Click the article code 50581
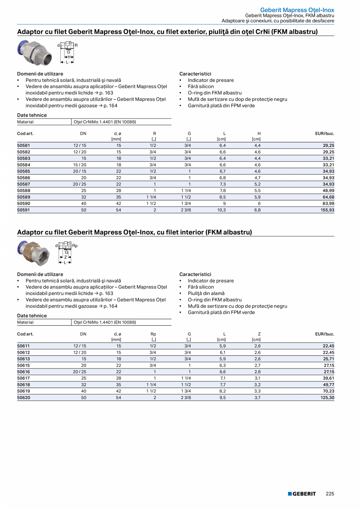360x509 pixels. (x=23, y=145)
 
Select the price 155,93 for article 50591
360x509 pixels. (x=326, y=210)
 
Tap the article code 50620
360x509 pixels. (x=23, y=397)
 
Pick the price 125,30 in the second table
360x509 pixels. (x=326, y=397)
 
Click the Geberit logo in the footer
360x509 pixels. (x=302, y=494)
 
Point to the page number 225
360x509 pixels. (x=330, y=494)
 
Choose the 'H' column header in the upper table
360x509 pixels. (x=259, y=133)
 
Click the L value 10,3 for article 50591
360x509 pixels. (x=222, y=210)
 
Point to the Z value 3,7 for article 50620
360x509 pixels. (x=258, y=397)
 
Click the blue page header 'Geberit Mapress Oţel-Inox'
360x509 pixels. (x=297, y=10)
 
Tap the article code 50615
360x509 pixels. (x=23, y=365)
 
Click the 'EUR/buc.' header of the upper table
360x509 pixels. (x=324, y=133)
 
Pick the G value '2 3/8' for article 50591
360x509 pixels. (x=186, y=210)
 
